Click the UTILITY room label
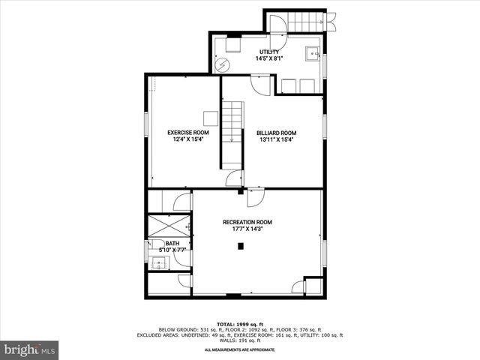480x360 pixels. (269, 52)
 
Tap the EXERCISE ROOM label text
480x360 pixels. (188, 132)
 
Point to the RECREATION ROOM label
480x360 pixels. (247, 222)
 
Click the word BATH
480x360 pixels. (172, 244)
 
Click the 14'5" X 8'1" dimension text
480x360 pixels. (269, 58)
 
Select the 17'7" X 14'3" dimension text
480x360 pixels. (247, 229)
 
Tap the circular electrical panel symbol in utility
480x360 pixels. (222, 65)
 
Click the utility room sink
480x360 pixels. (312, 54)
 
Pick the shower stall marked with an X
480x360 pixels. (169, 225)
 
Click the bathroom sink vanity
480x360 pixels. (159, 262)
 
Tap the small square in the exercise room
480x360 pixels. (211, 118)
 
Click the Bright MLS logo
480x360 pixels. (29, 349)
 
